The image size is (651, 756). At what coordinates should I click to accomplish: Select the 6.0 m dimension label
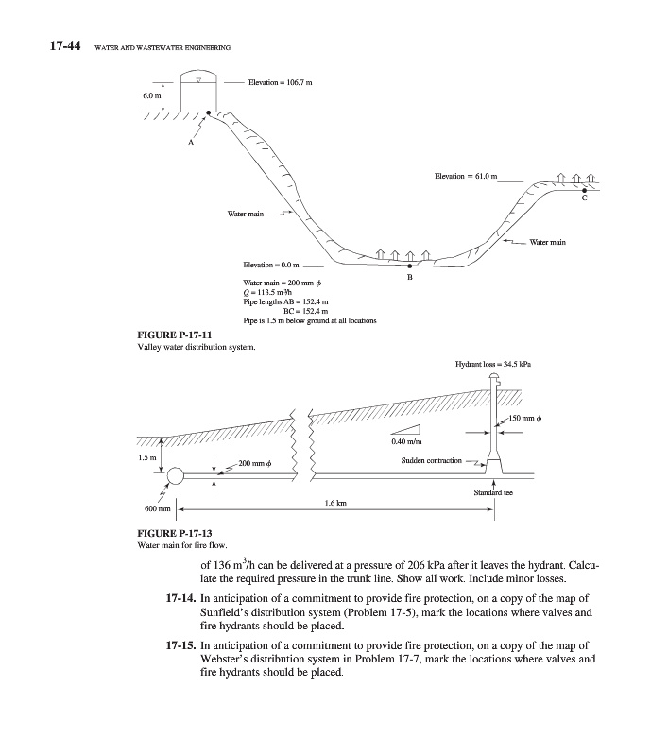(152, 96)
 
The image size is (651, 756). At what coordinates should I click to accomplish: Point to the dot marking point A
(209, 112)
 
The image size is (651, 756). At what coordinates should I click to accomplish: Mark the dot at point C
(584, 191)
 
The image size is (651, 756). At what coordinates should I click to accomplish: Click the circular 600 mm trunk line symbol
(176, 475)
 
